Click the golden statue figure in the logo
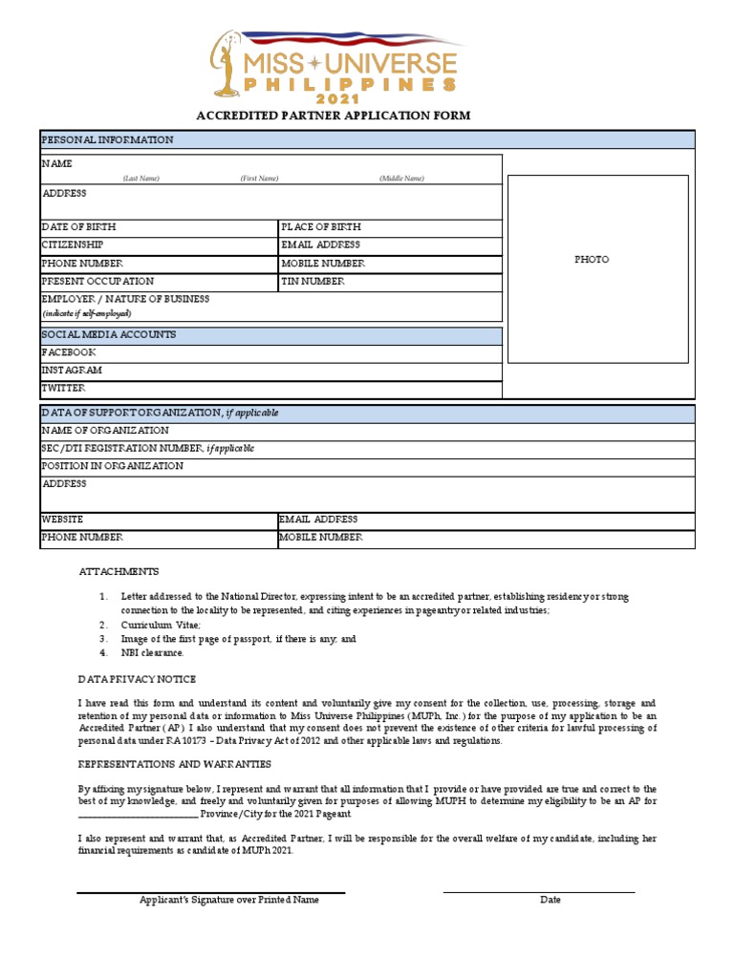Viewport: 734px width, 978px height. click(x=228, y=63)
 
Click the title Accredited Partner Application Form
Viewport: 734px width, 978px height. click(x=333, y=116)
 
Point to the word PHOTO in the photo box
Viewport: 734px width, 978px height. click(x=592, y=260)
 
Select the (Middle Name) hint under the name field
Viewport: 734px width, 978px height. click(x=401, y=179)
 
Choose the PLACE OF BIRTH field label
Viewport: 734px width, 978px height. click(x=321, y=227)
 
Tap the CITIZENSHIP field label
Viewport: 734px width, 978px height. click(x=73, y=245)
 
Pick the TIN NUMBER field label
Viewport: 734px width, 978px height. click(x=313, y=282)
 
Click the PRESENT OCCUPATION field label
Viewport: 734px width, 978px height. click(x=97, y=282)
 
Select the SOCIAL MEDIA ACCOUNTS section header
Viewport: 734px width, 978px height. click(x=108, y=335)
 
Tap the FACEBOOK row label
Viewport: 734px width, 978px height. click(x=69, y=352)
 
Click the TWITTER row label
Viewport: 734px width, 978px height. click(x=63, y=389)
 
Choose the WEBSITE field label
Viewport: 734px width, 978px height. click(x=62, y=520)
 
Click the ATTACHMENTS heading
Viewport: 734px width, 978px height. click(x=119, y=572)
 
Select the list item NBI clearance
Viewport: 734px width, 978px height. click(x=152, y=653)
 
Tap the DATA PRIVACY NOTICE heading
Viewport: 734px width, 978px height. click(x=137, y=679)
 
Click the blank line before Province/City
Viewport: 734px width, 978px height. click(x=138, y=815)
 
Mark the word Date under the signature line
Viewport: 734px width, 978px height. click(x=550, y=900)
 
